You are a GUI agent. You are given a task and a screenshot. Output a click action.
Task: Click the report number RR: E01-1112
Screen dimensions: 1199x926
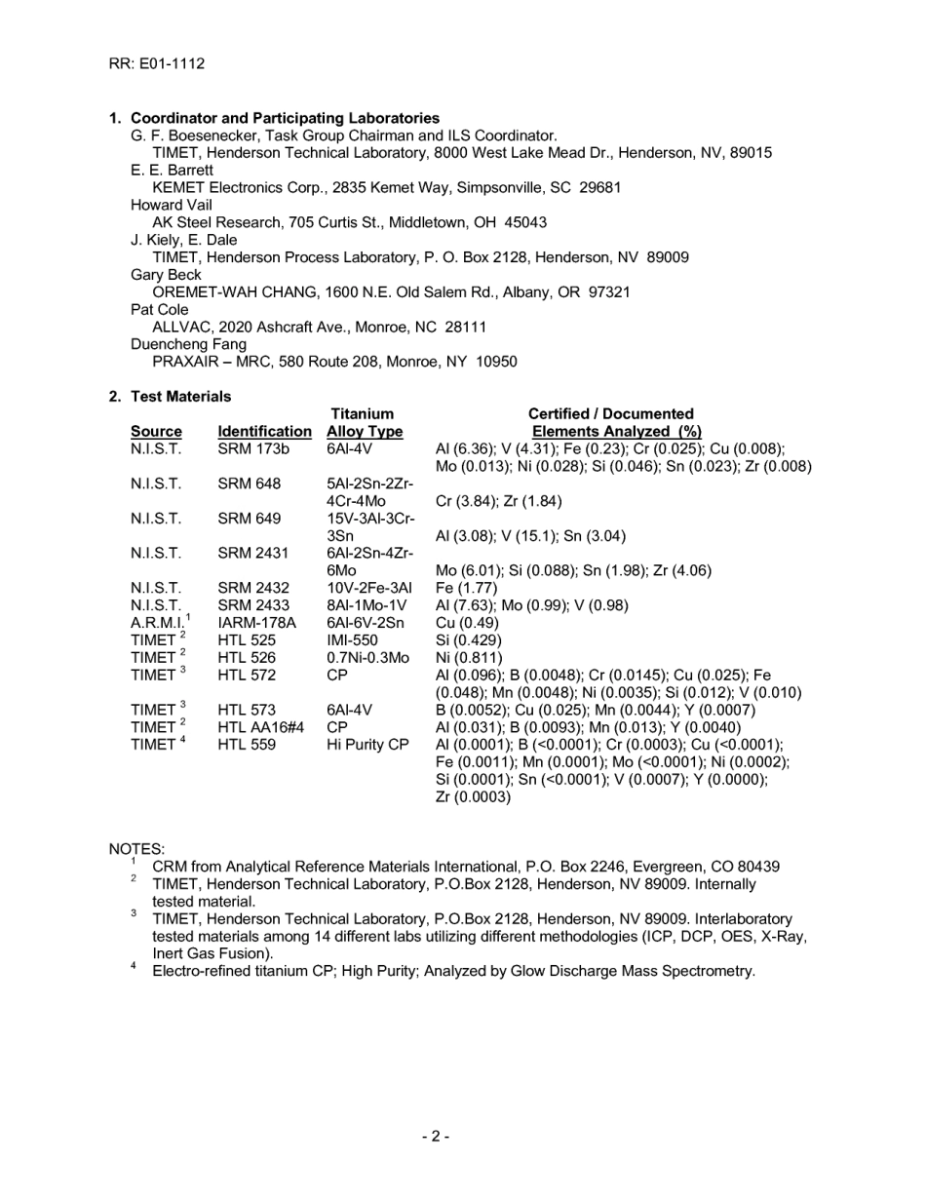[156, 64]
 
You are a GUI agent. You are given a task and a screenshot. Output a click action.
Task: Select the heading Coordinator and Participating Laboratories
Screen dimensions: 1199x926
[285, 118]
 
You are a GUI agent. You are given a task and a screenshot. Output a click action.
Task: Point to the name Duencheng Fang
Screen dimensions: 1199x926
[188, 344]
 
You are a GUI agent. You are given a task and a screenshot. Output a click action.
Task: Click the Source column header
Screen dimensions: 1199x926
[156, 432]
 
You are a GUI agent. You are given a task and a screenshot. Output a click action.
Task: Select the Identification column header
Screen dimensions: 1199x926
[264, 432]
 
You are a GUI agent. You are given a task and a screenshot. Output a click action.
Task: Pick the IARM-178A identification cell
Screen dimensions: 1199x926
[256, 623]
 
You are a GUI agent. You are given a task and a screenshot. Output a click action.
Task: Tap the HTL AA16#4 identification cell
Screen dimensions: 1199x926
[261, 727]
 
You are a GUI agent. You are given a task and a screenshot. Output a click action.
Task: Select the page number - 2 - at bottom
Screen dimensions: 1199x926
[436, 1137]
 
